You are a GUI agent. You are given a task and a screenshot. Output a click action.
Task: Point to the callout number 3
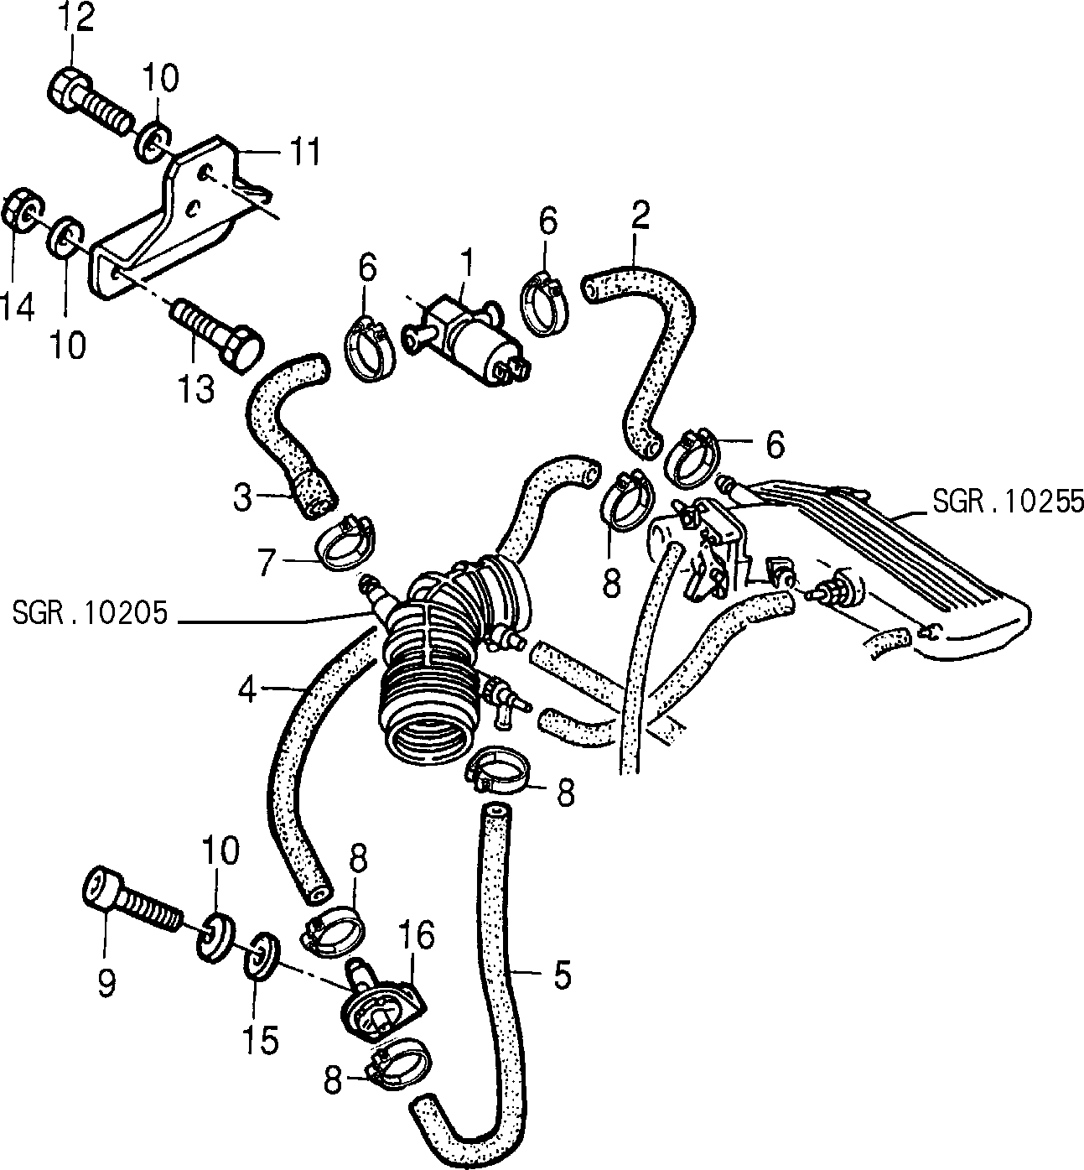[243, 497]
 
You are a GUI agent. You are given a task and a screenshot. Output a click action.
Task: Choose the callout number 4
[248, 690]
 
